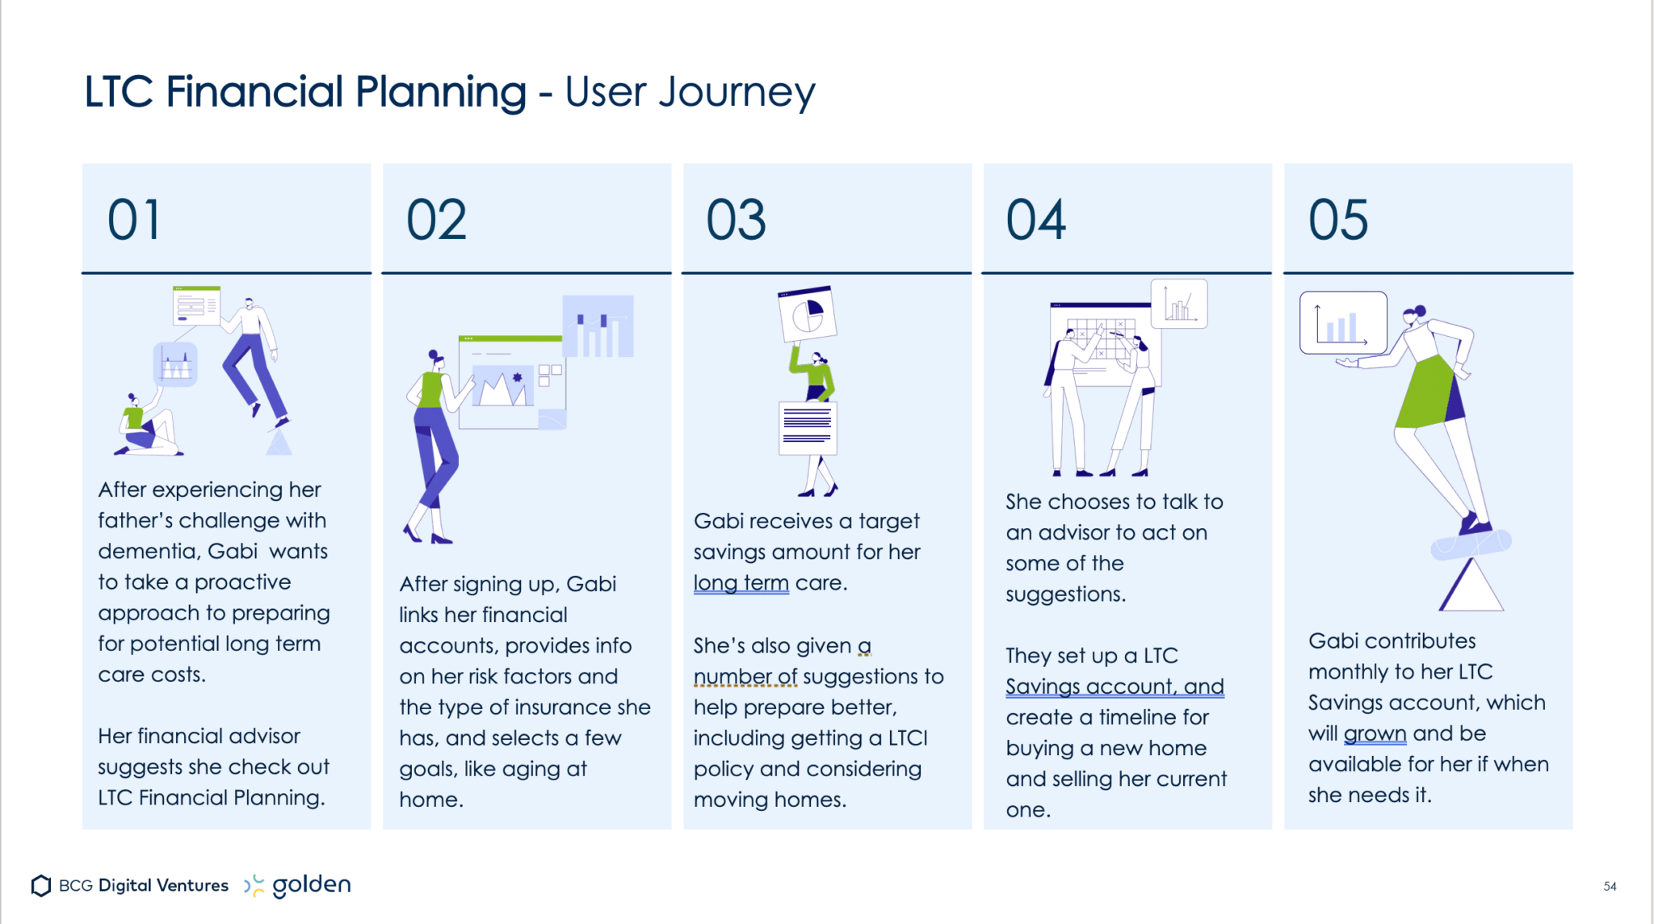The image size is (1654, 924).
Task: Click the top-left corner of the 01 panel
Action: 82,164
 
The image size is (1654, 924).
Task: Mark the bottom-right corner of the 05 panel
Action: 1572,829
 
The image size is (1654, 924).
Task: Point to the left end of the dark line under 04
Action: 982,273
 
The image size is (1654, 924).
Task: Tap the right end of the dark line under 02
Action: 671,273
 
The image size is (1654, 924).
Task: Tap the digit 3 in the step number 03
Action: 751,220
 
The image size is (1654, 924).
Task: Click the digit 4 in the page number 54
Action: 1613,886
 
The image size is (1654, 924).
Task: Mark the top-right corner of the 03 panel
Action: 972,164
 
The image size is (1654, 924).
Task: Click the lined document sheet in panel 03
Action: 808,428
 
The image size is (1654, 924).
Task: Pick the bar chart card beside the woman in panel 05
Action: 1343,323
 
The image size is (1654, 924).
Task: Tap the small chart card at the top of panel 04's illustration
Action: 1179,304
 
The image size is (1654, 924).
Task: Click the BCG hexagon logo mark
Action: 41,886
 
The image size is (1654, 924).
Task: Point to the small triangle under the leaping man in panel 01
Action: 279,443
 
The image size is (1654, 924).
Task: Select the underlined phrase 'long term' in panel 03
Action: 741,583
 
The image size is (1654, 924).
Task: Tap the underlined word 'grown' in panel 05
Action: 1375,734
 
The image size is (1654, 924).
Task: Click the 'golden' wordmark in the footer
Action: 312,886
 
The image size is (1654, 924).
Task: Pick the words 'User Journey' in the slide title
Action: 691,93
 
